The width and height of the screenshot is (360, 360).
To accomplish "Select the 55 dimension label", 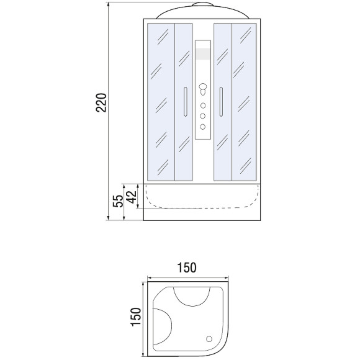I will [x=117, y=200].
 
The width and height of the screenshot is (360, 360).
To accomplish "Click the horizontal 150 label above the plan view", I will [x=186, y=268].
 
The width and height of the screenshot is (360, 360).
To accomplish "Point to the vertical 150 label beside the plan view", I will [x=137, y=317].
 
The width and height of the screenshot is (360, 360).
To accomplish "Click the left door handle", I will [x=184, y=101].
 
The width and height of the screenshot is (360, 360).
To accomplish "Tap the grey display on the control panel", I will [x=203, y=55].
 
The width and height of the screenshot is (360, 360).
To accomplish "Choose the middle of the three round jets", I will [x=203, y=115].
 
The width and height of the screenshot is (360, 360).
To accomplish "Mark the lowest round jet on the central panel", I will [x=203, y=125].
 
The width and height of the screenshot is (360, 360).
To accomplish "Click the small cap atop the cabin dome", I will [x=203, y=6].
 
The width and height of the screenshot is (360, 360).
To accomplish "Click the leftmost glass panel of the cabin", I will [x=160, y=102].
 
